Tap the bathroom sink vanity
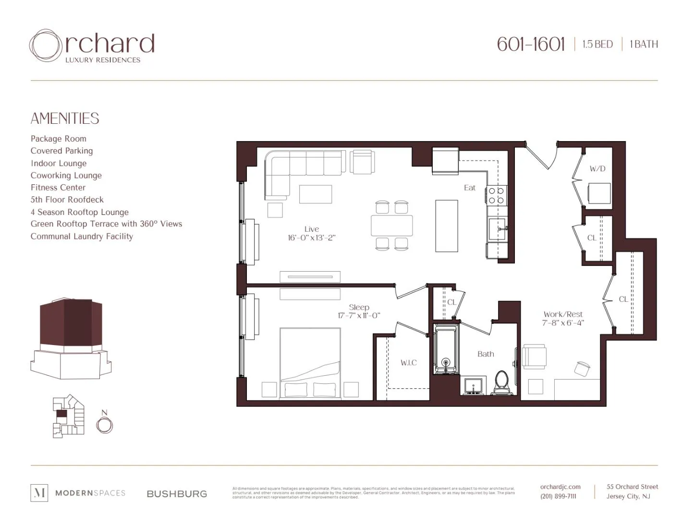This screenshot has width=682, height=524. click(x=474, y=386)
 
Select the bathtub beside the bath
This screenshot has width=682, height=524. click(x=446, y=349)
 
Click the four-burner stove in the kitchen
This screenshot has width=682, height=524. click(x=496, y=195)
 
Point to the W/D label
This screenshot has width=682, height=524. click(x=597, y=169)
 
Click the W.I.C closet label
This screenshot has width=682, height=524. click(x=409, y=363)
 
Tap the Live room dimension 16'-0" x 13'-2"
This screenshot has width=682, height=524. click(x=311, y=238)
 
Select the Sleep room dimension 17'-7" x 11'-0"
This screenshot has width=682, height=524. click(x=359, y=316)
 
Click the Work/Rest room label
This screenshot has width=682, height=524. click(x=563, y=314)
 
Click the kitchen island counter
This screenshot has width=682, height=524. click(x=446, y=226)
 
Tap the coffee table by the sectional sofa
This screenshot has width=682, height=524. click(x=315, y=194)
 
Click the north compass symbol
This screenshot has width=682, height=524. click(x=104, y=425)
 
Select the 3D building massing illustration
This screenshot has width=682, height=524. click(x=71, y=338)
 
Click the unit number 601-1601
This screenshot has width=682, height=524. click(x=531, y=44)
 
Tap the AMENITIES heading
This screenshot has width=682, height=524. click(x=65, y=119)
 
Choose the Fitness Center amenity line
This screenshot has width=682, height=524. click(x=58, y=188)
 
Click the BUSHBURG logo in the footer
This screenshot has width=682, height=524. click(x=177, y=494)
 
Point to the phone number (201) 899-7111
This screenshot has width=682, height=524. click(x=558, y=496)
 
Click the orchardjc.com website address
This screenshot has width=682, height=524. click(x=560, y=487)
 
